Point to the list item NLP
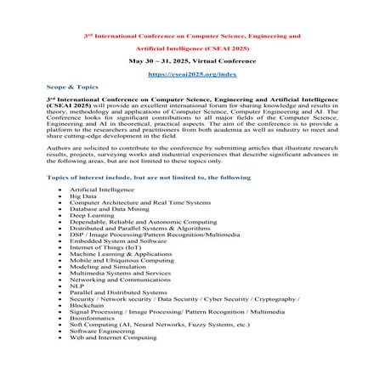point(76,286)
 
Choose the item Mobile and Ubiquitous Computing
point(117,258)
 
